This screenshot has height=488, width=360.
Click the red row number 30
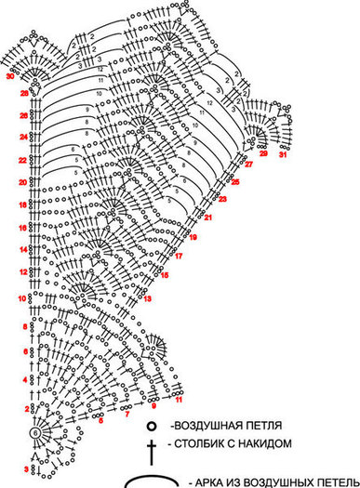pyautogui.click(x=10, y=77)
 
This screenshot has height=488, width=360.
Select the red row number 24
pyautogui.click(x=23, y=137)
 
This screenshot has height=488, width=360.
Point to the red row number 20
pyautogui.click(x=23, y=182)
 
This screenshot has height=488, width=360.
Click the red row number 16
pyautogui.click(x=23, y=227)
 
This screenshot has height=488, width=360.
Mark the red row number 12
pyautogui.click(x=23, y=272)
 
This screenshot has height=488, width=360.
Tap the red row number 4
pyautogui.click(x=24, y=381)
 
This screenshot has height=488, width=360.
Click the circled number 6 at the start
pyautogui.click(x=35, y=433)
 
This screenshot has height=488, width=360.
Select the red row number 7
pyautogui.click(x=127, y=414)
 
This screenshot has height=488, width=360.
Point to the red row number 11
pyautogui.click(x=179, y=399)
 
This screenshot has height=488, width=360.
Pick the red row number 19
pyautogui.click(x=193, y=237)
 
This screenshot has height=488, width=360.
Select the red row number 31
pyautogui.click(x=283, y=154)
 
